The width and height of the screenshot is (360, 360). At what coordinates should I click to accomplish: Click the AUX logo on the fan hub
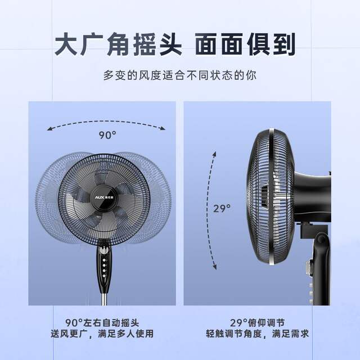pos(100,197)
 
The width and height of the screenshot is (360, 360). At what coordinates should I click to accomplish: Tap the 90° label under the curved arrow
pos(107,135)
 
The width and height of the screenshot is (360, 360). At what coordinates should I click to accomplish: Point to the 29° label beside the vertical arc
pos(222,209)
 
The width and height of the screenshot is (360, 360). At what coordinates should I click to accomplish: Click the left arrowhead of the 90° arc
pos(49,128)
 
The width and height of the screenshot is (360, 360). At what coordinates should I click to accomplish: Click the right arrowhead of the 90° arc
pos(163,128)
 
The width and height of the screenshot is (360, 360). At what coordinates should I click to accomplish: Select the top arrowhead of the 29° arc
pos(214,154)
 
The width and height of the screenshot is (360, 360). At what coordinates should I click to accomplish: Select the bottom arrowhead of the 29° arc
pos(214,267)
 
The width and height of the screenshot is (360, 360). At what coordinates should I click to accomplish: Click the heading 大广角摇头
pos(119,44)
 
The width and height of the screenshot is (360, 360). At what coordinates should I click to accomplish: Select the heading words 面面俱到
pos(245,44)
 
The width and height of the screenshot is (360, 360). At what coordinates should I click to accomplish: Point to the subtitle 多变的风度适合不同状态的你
pos(180,75)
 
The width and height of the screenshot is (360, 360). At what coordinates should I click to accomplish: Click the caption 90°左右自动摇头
pos(102,322)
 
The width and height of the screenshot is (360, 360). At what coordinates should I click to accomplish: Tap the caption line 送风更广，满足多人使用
pos(102,334)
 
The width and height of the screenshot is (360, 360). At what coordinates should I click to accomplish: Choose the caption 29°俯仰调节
pos(257,322)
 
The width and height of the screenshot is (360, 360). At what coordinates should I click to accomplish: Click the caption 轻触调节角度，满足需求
pos(257,334)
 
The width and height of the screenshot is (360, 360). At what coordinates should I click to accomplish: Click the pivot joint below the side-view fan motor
pos(321,240)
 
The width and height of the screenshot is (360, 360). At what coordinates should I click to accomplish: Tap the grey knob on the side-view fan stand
pos(309,268)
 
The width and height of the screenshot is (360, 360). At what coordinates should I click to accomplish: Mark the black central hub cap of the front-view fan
pos(105,197)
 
